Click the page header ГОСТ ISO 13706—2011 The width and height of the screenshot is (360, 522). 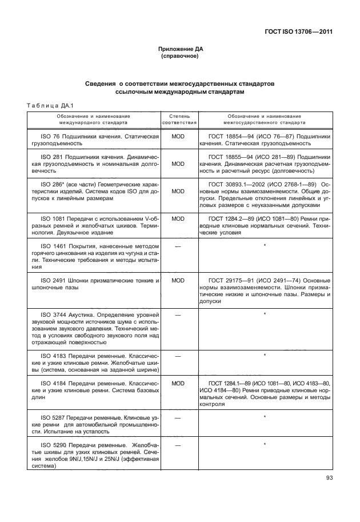[x=299, y=31]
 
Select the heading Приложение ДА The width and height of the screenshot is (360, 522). [x=180, y=49]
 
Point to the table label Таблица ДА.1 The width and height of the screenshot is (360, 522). [x=46, y=103]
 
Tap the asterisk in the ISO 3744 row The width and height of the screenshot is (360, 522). [x=265, y=314]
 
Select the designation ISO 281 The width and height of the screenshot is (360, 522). [x=50, y=157]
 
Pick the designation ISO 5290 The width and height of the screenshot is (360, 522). [x=51, y=444]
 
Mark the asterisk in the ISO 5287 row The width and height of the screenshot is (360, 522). [x=265, y=417]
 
